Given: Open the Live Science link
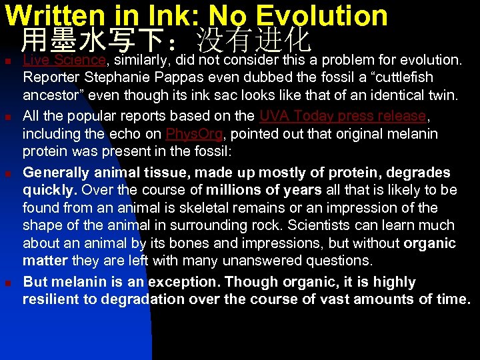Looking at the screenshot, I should pyautogui.click(x=64, y=61).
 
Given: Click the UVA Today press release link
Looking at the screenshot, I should pyautogui.click(x=342, y=116).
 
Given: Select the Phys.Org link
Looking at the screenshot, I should pyautogui.click(x=194, y=133).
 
